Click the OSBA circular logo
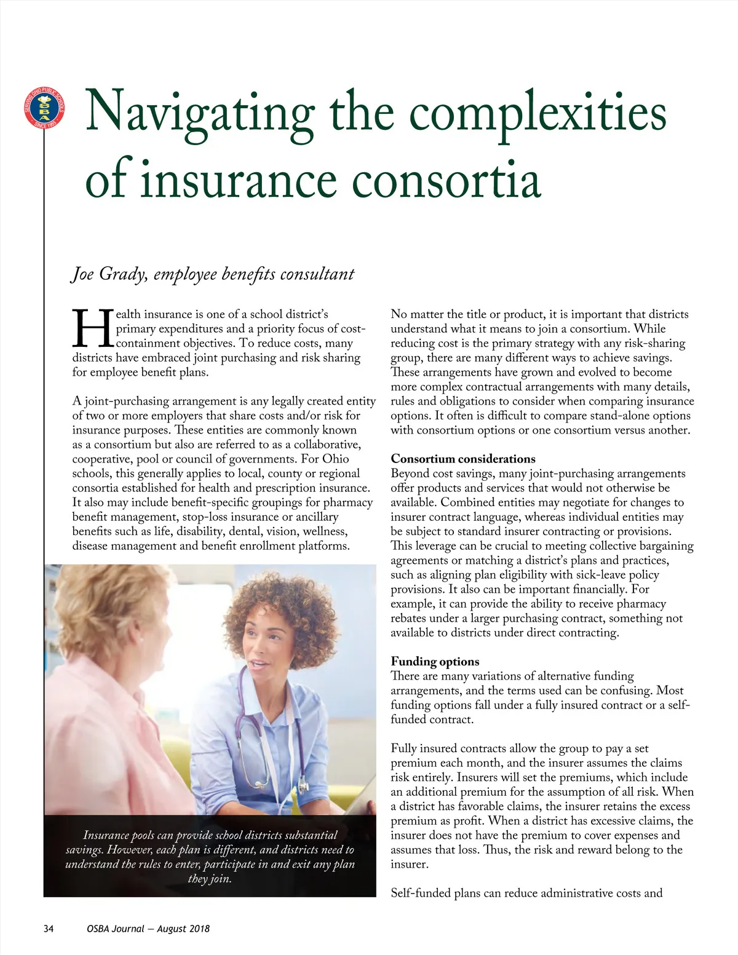(x=44, y=108)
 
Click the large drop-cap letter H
(x=93, y=329)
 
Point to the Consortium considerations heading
(x=463, y=459)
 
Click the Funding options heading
(x=435, y=661)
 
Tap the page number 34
(x=49, y=929)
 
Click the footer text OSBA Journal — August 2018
(x=148, y=929)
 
